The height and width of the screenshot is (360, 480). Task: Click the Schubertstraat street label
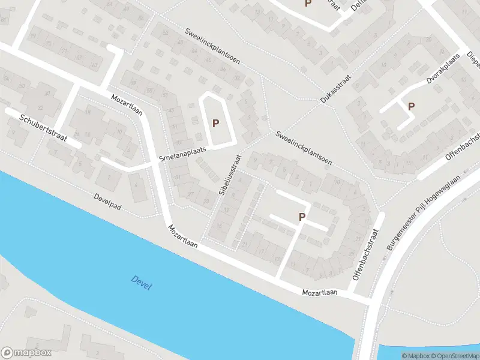(50, 130)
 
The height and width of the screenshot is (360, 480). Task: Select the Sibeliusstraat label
(230, 175)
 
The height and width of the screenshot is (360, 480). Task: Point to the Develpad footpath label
(108, 202)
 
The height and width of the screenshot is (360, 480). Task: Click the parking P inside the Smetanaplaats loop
(215, 124)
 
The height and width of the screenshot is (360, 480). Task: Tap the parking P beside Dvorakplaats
(411, 107)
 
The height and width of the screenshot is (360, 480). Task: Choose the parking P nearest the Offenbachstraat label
(302, 217)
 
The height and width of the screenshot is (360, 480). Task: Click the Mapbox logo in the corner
(26, 353)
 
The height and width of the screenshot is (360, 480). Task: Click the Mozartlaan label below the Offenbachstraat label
(320, 293)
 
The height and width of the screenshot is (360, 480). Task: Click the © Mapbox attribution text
(415, 356)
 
